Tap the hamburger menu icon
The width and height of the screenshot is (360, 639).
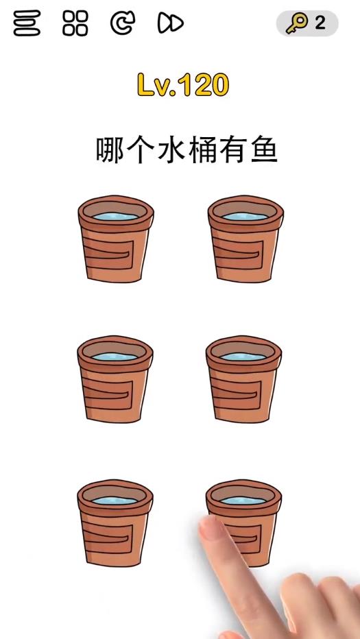[27, 24]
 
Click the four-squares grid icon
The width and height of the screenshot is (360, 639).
[75, 24]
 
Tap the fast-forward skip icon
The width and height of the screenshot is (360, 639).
[170, 24]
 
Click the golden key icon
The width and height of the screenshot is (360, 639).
[297, 24]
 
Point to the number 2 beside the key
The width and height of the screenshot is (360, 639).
[320, 23]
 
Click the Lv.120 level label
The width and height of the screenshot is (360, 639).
[182, 85]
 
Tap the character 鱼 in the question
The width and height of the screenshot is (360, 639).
[264, 149]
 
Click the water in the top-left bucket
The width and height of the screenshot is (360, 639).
[115, 217]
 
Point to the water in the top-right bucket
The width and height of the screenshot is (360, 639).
[245, 217]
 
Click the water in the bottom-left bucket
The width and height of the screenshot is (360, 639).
[115, 501]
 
